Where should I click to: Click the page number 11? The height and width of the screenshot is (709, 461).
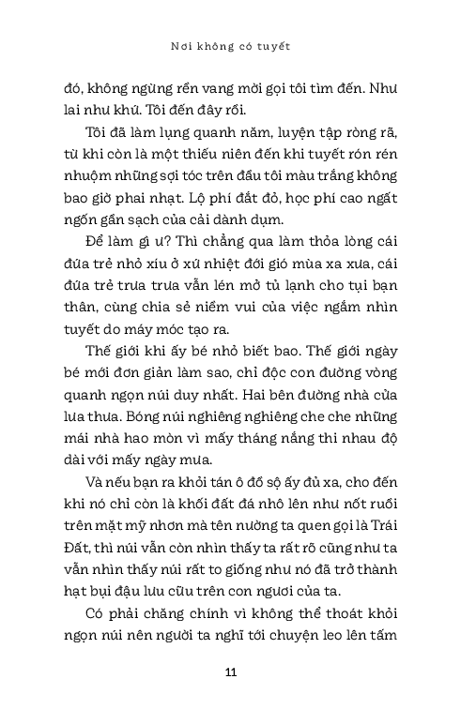(230, 672)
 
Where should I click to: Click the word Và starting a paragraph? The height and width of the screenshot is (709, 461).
(91, 486)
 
